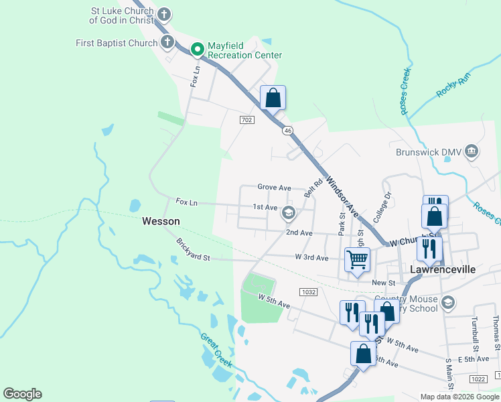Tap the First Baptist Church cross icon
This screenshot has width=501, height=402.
[167, 43]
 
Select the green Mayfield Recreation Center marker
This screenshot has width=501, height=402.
[198, 48]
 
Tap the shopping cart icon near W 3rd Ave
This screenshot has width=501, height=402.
[357, 259]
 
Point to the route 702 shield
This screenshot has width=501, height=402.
[246, 119]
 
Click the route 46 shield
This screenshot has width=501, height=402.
[287, 129]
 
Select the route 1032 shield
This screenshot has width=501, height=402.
[308, 292]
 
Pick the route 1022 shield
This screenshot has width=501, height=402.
[478, 379]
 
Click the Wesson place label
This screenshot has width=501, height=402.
[161, 220]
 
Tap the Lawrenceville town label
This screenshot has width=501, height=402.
[442, 269]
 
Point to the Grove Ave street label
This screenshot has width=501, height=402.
[275, 188]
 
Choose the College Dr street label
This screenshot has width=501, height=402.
[382, 208]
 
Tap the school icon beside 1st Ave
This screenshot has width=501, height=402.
[289, 213]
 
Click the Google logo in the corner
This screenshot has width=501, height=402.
[22, 394]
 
